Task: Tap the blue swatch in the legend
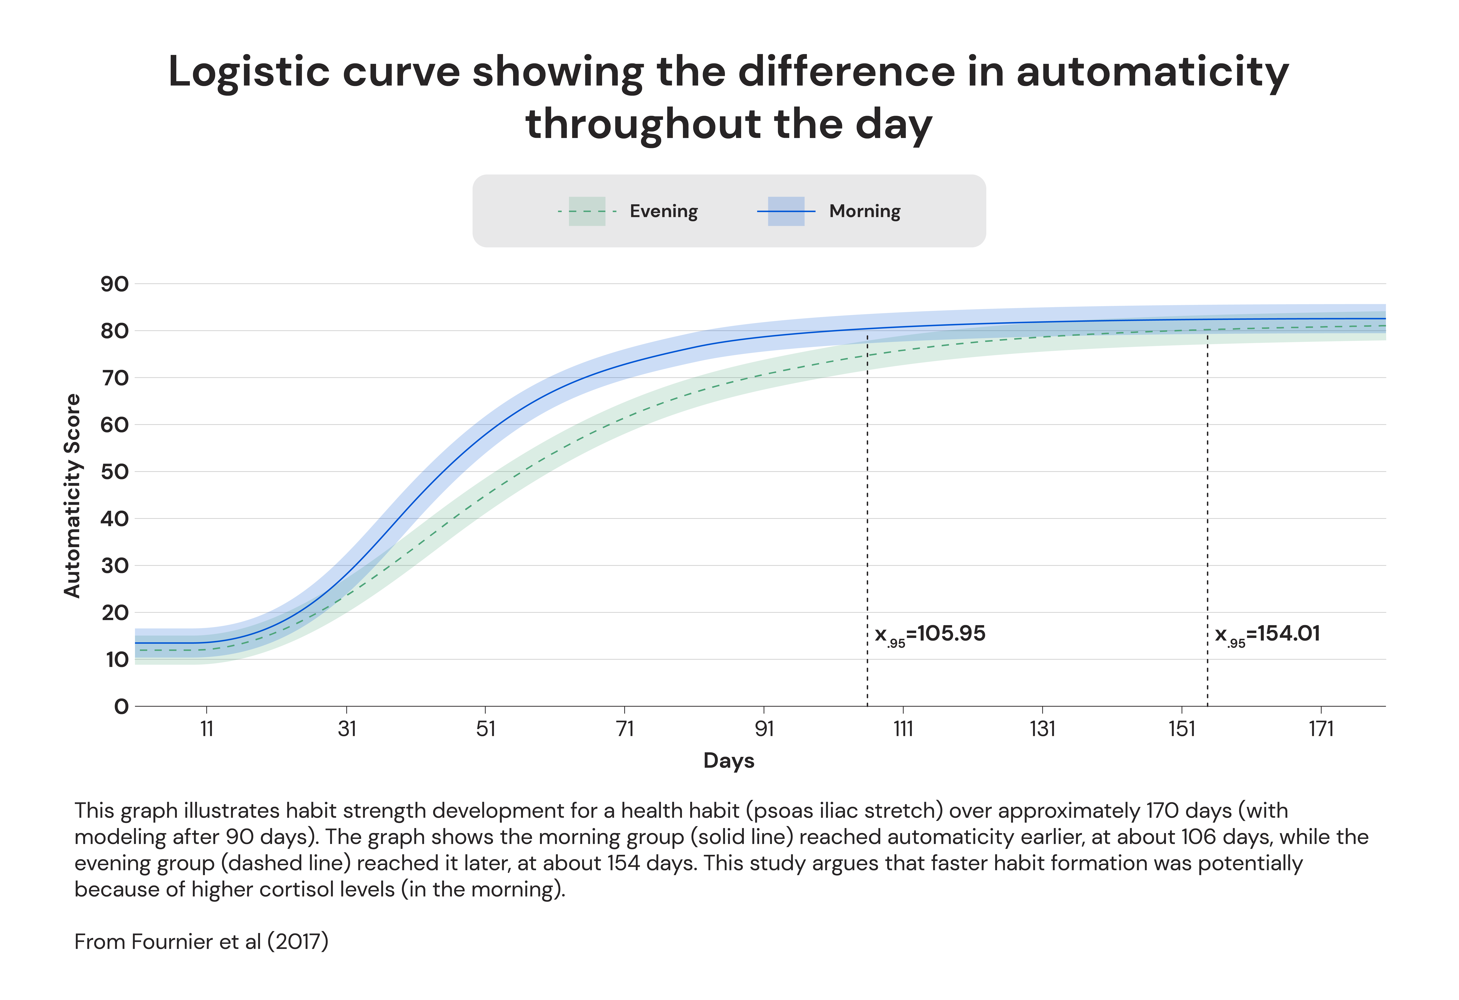[786, 211]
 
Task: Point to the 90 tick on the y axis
[115, 284]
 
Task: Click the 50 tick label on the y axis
[115, 472]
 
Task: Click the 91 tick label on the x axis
[764, 729]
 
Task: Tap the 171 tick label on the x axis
[1321, 729]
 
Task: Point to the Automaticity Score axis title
[73, 496]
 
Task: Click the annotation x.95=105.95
[930, 634]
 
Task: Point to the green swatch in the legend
[587, 211]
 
